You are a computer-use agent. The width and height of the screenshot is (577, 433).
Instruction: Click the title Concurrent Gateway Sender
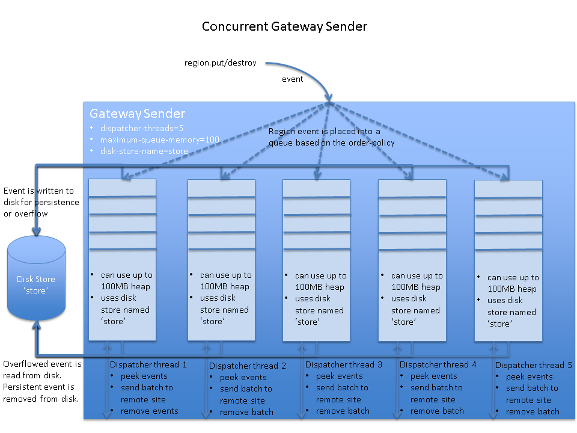point(284,26)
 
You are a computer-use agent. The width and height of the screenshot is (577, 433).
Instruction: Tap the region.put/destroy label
point(221,63)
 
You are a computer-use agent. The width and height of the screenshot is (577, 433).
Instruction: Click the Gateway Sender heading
point(137,114)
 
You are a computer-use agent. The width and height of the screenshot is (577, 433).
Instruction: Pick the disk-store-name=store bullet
point(144,151)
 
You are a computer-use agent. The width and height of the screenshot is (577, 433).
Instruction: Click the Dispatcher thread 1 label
point(148,364)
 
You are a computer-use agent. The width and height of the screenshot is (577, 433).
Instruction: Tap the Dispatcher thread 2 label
point(248,366)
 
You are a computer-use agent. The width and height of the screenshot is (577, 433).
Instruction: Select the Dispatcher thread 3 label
point(343,364)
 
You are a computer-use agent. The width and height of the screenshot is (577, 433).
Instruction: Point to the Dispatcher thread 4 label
point(438,364)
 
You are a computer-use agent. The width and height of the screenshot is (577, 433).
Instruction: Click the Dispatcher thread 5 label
point(534,365)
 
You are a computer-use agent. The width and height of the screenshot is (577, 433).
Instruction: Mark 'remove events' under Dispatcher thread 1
point(149,411)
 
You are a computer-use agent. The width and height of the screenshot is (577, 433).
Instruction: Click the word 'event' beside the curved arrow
point(293,79)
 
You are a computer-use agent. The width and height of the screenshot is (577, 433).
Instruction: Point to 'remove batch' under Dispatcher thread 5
point(533,411)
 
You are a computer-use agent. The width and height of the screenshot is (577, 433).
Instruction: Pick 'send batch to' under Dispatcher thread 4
point(436,387)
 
